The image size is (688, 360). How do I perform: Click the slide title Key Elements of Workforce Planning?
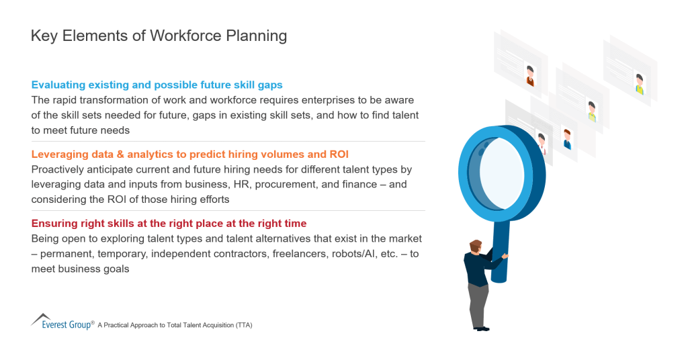point(159,36)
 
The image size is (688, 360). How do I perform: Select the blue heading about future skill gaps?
point(157,85)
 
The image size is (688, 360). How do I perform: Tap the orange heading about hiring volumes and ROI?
point(189,154)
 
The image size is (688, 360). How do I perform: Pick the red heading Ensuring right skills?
point(169,224)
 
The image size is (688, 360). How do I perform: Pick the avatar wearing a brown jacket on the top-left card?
point(530,75)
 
